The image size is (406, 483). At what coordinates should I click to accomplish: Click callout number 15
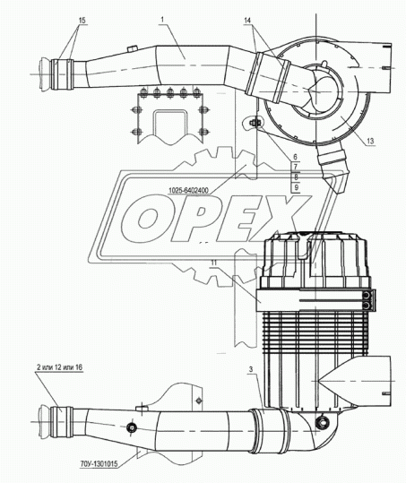[x=82, y=21]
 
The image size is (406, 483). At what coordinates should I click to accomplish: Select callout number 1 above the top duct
[x=162, y=20]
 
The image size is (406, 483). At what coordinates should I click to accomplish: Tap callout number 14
[x=247, y=21]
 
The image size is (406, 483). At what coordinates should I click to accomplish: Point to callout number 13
[x=370, y=141]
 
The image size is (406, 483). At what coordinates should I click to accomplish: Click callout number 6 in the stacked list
[x=296, y=157]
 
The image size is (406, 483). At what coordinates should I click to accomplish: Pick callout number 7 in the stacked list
[x=296, y=167]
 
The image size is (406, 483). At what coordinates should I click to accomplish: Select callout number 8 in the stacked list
[x=296, y=177]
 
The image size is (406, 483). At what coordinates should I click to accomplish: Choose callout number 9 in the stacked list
[x=296, y=187]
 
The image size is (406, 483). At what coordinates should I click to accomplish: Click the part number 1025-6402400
[x=188, y=191]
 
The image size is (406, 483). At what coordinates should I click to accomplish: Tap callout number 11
[x=214, y=263]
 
